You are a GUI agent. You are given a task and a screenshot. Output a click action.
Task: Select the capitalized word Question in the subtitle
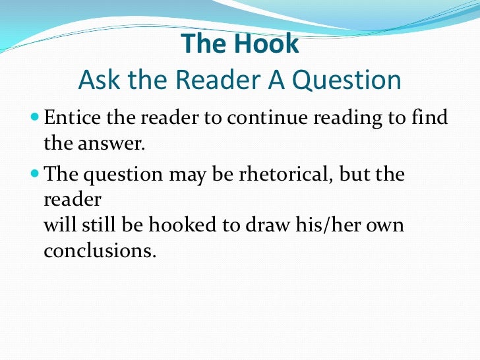point(347,80)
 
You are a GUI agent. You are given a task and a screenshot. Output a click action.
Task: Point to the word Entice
point(69,119)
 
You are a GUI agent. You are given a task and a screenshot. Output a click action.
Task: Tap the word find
point(428,119)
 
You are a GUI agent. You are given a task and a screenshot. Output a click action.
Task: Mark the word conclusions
point(100,251)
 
